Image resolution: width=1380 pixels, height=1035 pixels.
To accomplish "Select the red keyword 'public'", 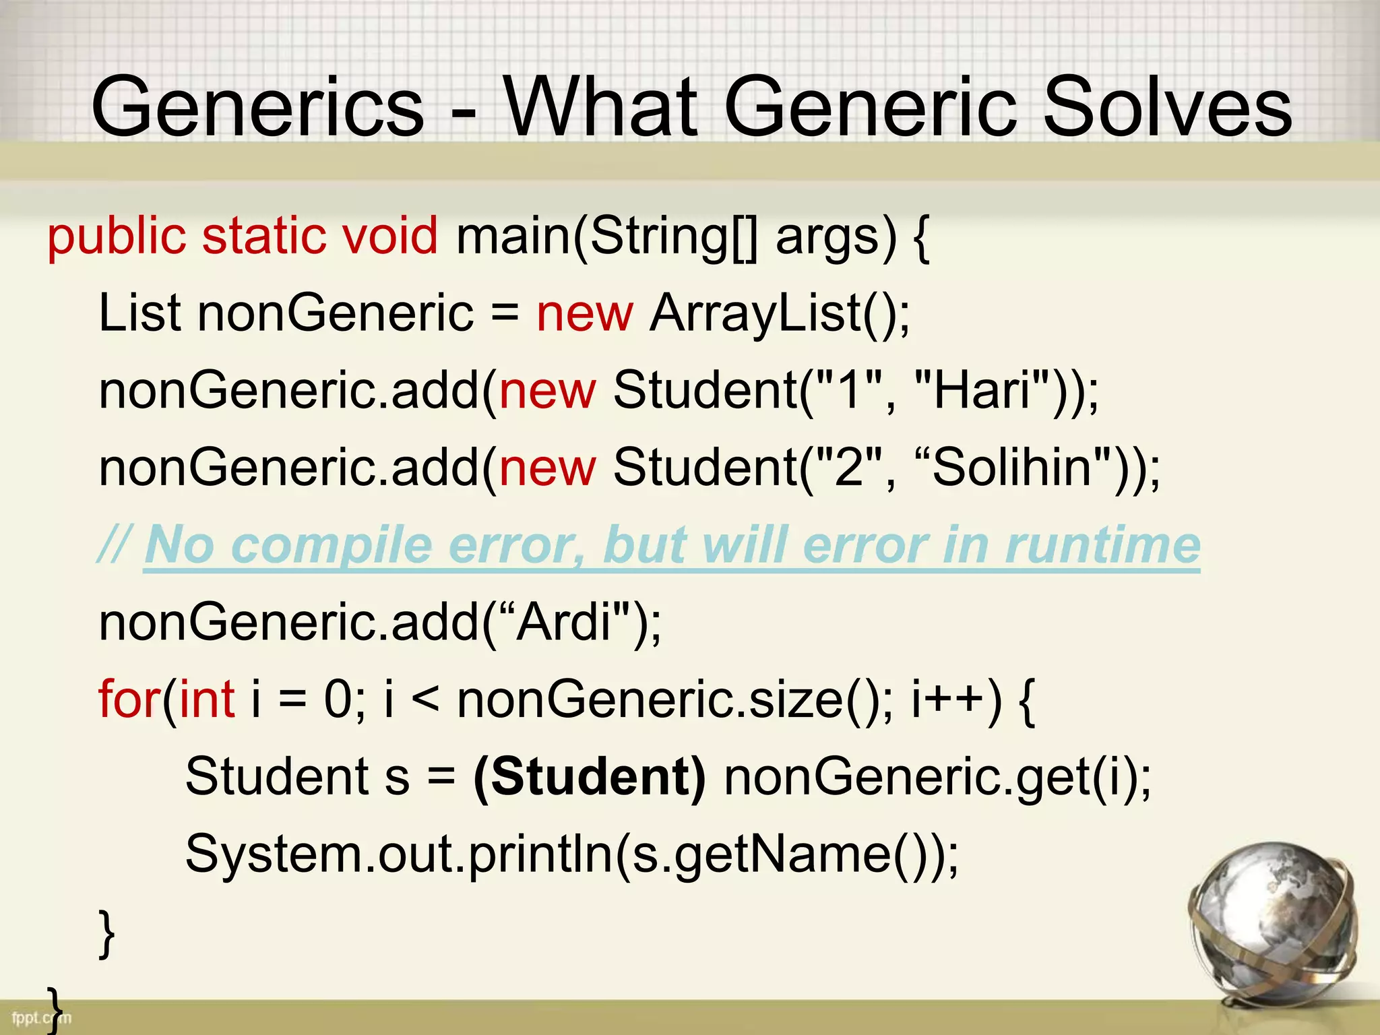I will tap(116, 237).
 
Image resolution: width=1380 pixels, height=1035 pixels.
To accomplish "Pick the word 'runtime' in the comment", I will tap(1102, 544).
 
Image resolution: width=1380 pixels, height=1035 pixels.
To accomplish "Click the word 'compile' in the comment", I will tap(331, 544).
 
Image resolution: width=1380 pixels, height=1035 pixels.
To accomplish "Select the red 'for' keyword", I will tap(128, 699).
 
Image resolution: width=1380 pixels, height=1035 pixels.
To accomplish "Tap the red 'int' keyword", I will tap(207, 699).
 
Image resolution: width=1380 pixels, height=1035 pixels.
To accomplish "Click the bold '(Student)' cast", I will tap(590, 776).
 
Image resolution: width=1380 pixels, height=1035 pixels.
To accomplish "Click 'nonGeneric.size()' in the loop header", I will tap(670, 699).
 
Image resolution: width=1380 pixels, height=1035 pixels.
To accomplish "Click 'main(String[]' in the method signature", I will tap(606, 237).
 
